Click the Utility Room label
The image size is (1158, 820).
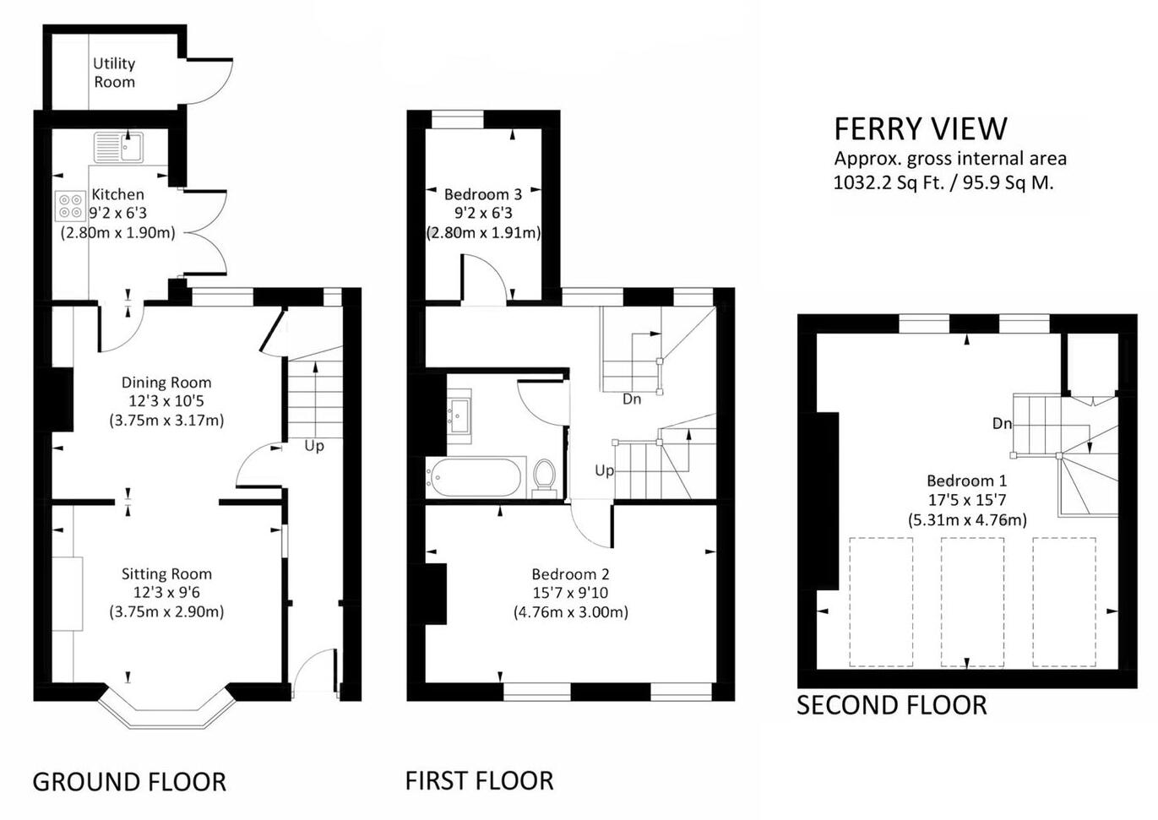[x=114, y=73]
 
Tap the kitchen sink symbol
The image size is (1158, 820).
[x=119, y=147]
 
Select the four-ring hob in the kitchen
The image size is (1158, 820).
[x=69, y=206]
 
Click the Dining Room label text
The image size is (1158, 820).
[x=166, y=383]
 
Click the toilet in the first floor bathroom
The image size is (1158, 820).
[x=545, y=478]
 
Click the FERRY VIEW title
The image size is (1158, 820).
[x=920, y=129]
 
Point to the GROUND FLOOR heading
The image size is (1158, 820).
[x=129, y=782]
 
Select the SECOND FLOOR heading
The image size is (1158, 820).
[x=891, y=705]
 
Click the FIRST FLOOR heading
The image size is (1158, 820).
[x=479, y=780]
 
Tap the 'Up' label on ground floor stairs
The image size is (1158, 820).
[x=313, y=446]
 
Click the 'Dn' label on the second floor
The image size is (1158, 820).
[x=1002, y=424]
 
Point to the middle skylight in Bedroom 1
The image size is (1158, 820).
[x=972, y=601]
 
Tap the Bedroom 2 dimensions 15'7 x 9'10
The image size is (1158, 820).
[x=570, y=594]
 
